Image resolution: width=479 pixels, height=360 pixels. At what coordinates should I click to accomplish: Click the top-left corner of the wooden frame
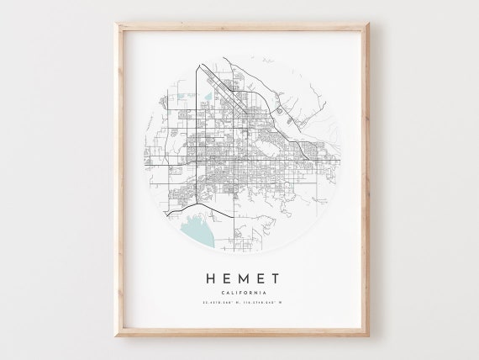pos(117,24)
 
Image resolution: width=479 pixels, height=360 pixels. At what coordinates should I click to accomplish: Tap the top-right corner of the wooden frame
pos(363,24)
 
